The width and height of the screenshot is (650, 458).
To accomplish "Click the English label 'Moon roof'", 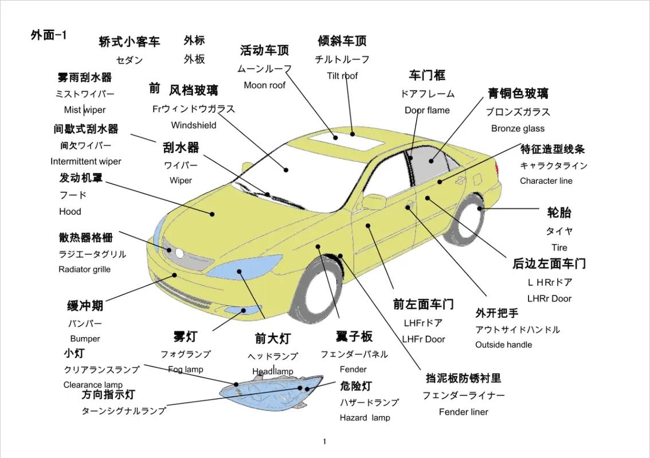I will click(264, 85).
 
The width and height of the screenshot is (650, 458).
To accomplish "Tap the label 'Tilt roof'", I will click(342, 76).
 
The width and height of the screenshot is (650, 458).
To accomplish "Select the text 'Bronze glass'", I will click(518, 128).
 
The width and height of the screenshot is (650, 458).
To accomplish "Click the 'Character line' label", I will click(546, 181).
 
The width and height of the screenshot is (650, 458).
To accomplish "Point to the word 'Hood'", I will click(70, 211).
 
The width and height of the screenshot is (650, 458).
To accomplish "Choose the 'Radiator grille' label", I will click(84, 270).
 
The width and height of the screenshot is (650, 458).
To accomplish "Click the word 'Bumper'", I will click(85, 339).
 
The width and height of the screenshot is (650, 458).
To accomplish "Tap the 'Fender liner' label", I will click(463, 412).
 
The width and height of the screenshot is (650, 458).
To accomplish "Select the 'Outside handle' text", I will click(503, 345).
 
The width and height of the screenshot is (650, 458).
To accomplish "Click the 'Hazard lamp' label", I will click(365, 418).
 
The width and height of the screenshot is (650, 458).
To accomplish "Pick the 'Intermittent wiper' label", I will click(85, 161).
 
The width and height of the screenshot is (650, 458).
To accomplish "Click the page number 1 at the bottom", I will click(324, 441).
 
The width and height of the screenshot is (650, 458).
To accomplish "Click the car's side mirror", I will click(374, 202).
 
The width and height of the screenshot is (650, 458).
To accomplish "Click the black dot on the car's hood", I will click(212, 214).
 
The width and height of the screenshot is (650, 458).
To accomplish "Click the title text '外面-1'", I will click(49, 35).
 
